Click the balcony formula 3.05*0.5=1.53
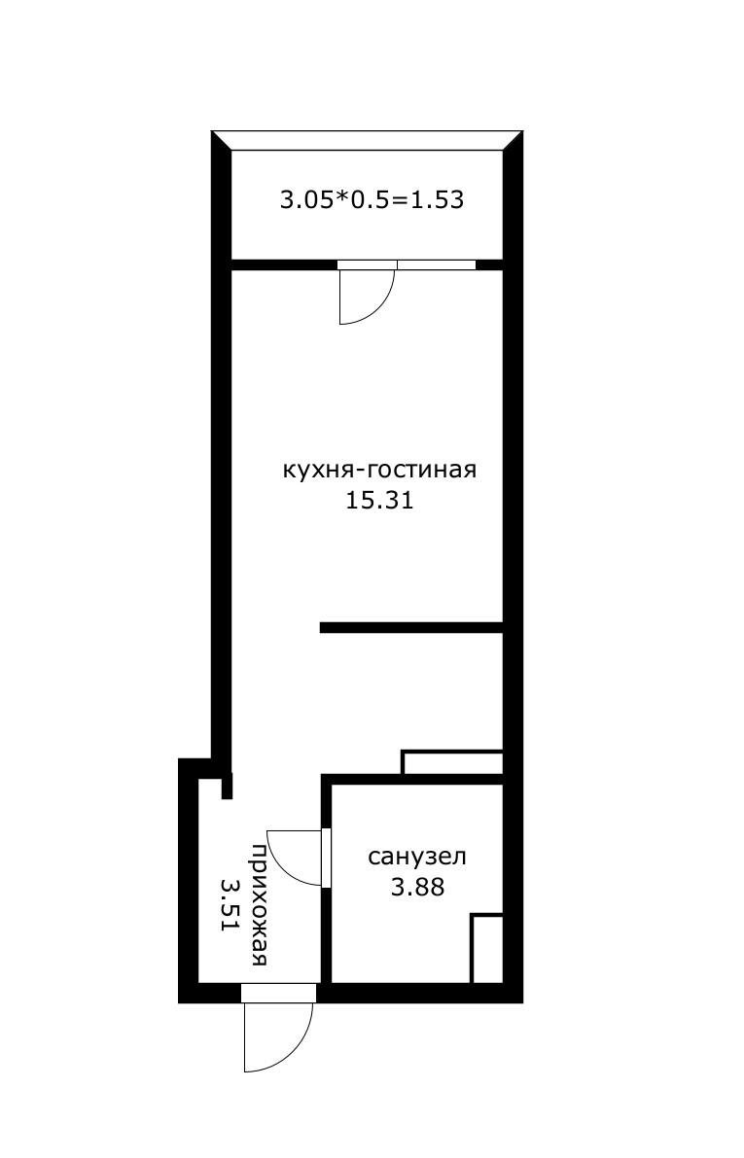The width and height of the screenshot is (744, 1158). [x=372, y=199]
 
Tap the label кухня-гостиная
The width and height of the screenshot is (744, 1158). [x=379, y=470]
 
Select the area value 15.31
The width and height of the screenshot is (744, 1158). [x=379, y=501]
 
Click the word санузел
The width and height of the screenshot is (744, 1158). [x=417, y=857]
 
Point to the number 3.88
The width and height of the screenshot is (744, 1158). [x=417, y=887]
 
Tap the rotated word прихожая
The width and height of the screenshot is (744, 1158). [x=260, y=904]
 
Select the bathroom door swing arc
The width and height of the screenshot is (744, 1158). [x=284, y=865]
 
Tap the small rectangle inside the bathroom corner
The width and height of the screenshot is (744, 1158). [x=487, y=949]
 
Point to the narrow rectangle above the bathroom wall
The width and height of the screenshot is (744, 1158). [x=452, y=762]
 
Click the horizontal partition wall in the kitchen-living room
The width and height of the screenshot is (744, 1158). [x=411, y=628]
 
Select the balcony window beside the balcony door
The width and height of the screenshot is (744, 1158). [x=437, y=264]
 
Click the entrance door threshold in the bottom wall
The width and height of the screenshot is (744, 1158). [x=278, y=994]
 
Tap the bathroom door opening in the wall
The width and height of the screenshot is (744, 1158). [x=326, y=857]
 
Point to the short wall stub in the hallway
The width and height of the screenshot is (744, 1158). [x=227, y=785]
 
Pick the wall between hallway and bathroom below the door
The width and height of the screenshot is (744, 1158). [x=326, y=935]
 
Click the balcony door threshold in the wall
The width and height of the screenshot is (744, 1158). [x=368, y=264]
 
